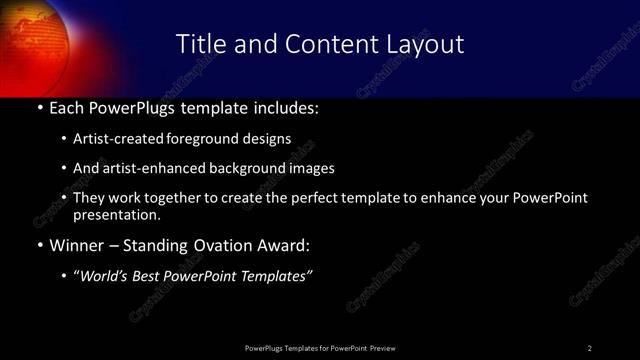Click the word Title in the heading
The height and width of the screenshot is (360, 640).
(199, 44)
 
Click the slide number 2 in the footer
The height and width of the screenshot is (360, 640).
(590, 348)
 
